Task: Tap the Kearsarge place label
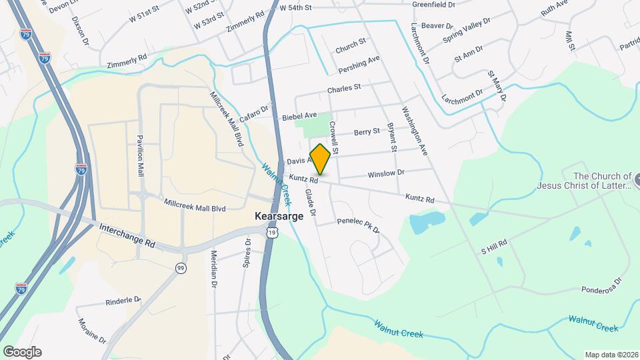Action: tap(279, 217)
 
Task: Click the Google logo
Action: tap(22, 352)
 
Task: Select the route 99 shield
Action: tap(181, 267)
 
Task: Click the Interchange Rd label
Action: tap(127, 236)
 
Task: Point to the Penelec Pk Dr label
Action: tap(358, 225)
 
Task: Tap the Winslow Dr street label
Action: tap(386, 173)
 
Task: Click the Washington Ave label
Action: tap(414, 131)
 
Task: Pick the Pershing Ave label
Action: tap(359, 63)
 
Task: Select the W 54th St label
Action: tap(296, 8)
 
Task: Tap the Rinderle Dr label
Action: tap(123, 301)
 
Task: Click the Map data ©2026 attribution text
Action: tap(611, 355)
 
